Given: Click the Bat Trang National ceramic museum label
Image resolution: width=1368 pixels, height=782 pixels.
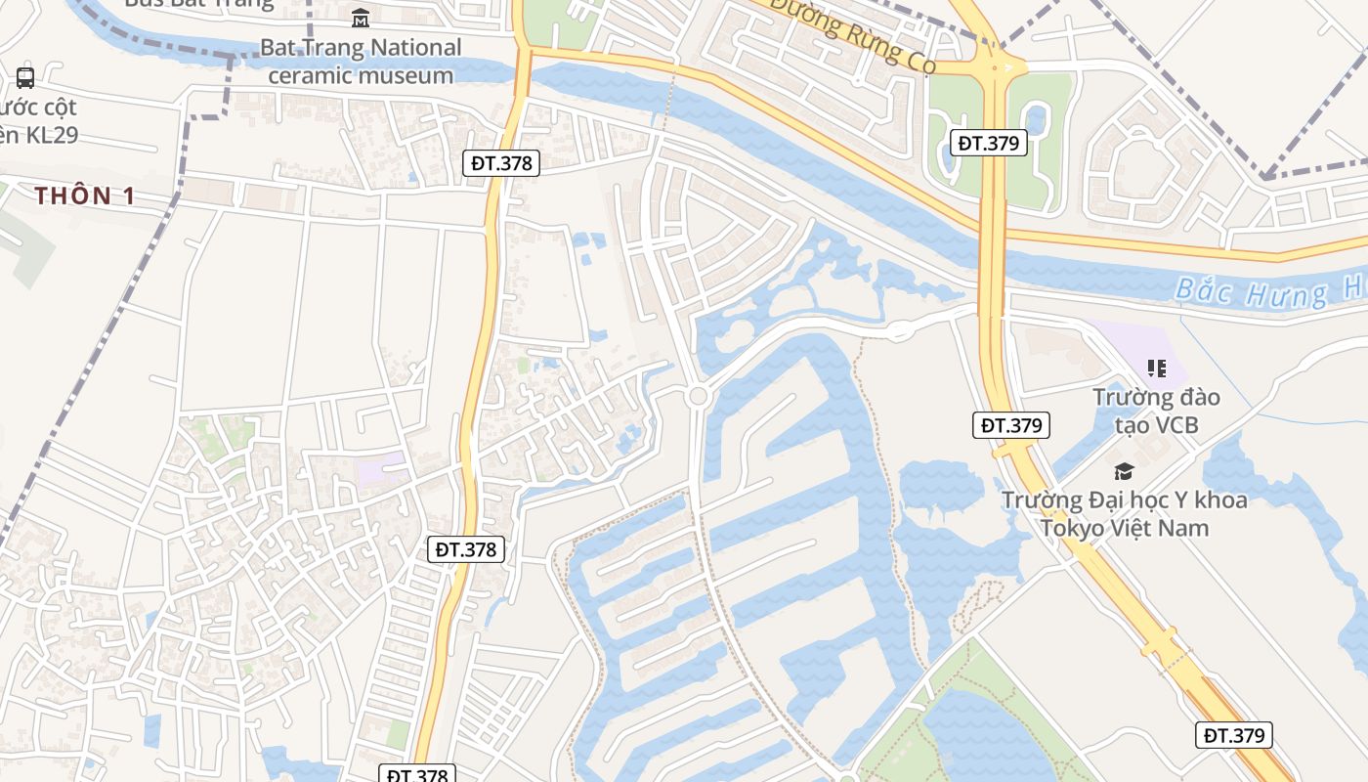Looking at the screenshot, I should pyautogui.click(x=361, y=61).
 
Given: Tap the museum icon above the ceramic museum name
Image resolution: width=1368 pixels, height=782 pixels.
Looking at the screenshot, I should pyautogui.click(x=361, y=18).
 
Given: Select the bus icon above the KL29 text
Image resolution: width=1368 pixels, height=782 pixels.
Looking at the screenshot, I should pyautogui.click(x=25, y=77).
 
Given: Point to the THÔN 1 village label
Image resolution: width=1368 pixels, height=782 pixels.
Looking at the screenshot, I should pyautogui.click(x=85, y=195).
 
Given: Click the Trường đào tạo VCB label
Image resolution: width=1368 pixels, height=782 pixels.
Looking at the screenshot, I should pyautogui.click(x=1157, y=411).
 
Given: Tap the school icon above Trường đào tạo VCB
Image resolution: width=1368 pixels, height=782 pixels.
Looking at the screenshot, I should pyautogui.click(x=1157, y=369).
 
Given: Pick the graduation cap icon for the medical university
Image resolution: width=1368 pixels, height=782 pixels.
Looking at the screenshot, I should pyautogui.click(x=1124, y=471).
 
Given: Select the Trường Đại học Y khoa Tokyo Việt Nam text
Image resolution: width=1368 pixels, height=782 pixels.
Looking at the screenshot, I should pyautogui.click(x=1124, y=514).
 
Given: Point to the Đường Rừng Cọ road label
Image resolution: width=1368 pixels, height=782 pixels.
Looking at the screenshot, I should pyautogui.click(x=852, y=36).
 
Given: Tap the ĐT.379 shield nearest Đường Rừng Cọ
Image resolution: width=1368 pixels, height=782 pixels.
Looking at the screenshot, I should pyautogui.click(x=988, y=143).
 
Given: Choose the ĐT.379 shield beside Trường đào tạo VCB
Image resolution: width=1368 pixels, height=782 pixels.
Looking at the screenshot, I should pyautogui.click(x=1011, y=425).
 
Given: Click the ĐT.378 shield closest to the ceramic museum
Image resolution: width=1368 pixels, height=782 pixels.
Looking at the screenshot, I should pyautogui.click(x=501, y=163).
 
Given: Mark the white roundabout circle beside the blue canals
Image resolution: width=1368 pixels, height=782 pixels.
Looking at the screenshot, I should pyautogui.click(x=698, y=396).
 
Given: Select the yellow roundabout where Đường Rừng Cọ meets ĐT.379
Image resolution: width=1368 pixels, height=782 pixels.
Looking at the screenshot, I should pyautogui.click(x=996, y=67).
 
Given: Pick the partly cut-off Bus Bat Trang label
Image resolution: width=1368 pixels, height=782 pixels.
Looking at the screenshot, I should pyautogui.click(x=199, y=3).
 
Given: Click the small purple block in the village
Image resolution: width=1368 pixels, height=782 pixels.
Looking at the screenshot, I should pyautogui.click(x=381, y=470).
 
